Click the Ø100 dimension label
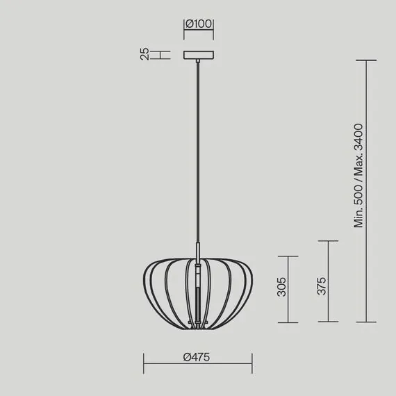point(199,24)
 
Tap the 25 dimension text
point(145,53)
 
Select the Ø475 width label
point(197,357)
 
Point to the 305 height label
point(282,287)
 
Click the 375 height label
point(322,286)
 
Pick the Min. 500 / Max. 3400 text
point(358,176)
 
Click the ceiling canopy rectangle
point(199,55)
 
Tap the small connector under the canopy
point(198,60)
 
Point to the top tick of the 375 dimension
point(328,241)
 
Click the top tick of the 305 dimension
point(288,256)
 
